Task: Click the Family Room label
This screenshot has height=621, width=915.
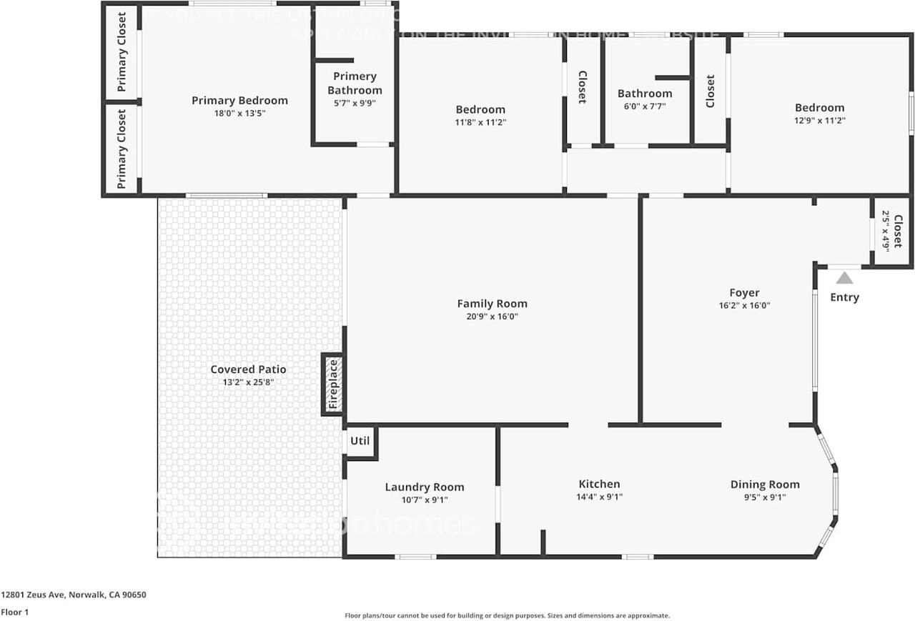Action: tap(492, 304)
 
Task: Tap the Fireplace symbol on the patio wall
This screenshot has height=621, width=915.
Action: tap(332, 384)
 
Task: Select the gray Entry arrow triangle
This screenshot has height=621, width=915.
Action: tap(844, 278)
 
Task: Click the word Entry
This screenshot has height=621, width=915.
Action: tap(844, 297)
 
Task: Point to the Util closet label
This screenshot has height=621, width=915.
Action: tap(360, 441)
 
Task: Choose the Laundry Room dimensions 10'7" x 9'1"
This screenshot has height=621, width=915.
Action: tap(425, 500)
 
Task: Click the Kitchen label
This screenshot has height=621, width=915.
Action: tap(599, 485)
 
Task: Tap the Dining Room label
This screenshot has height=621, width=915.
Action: tap(765, 485)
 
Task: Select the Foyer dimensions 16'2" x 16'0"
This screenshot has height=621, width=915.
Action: tap(744, 305)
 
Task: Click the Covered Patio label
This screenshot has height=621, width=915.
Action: tap(248, 369)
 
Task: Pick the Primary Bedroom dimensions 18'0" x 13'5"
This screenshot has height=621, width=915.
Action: tap(239, 113)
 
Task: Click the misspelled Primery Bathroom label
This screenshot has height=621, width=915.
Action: tap(355, 83)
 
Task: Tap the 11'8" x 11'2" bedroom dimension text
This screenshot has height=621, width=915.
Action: tap(480, 122)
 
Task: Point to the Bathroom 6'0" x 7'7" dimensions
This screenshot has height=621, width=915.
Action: tap(645, 106)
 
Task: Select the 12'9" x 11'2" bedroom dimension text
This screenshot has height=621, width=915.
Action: tap(819, 121)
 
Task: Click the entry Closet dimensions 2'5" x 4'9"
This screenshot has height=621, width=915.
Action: tap(886, 230)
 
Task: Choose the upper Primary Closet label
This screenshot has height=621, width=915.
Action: tap(122, 51)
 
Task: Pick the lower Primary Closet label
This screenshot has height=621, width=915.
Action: tap(122, 149)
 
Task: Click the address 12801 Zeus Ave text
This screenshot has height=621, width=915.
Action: tap(74, 595)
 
